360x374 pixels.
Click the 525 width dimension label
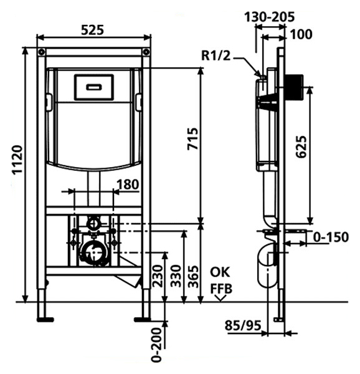coord(92,31)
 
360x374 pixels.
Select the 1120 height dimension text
coord(18,160)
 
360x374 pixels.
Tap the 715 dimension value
coord(192,139)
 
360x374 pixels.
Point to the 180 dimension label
coord(128,185)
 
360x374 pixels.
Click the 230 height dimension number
coord(157,276)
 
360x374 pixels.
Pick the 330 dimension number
coord(176,276)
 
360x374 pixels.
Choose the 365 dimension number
coord(193,276)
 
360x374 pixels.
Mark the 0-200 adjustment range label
coord(156,345)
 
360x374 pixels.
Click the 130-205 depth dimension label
coord(270,17)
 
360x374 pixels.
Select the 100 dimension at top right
coord(301,34)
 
